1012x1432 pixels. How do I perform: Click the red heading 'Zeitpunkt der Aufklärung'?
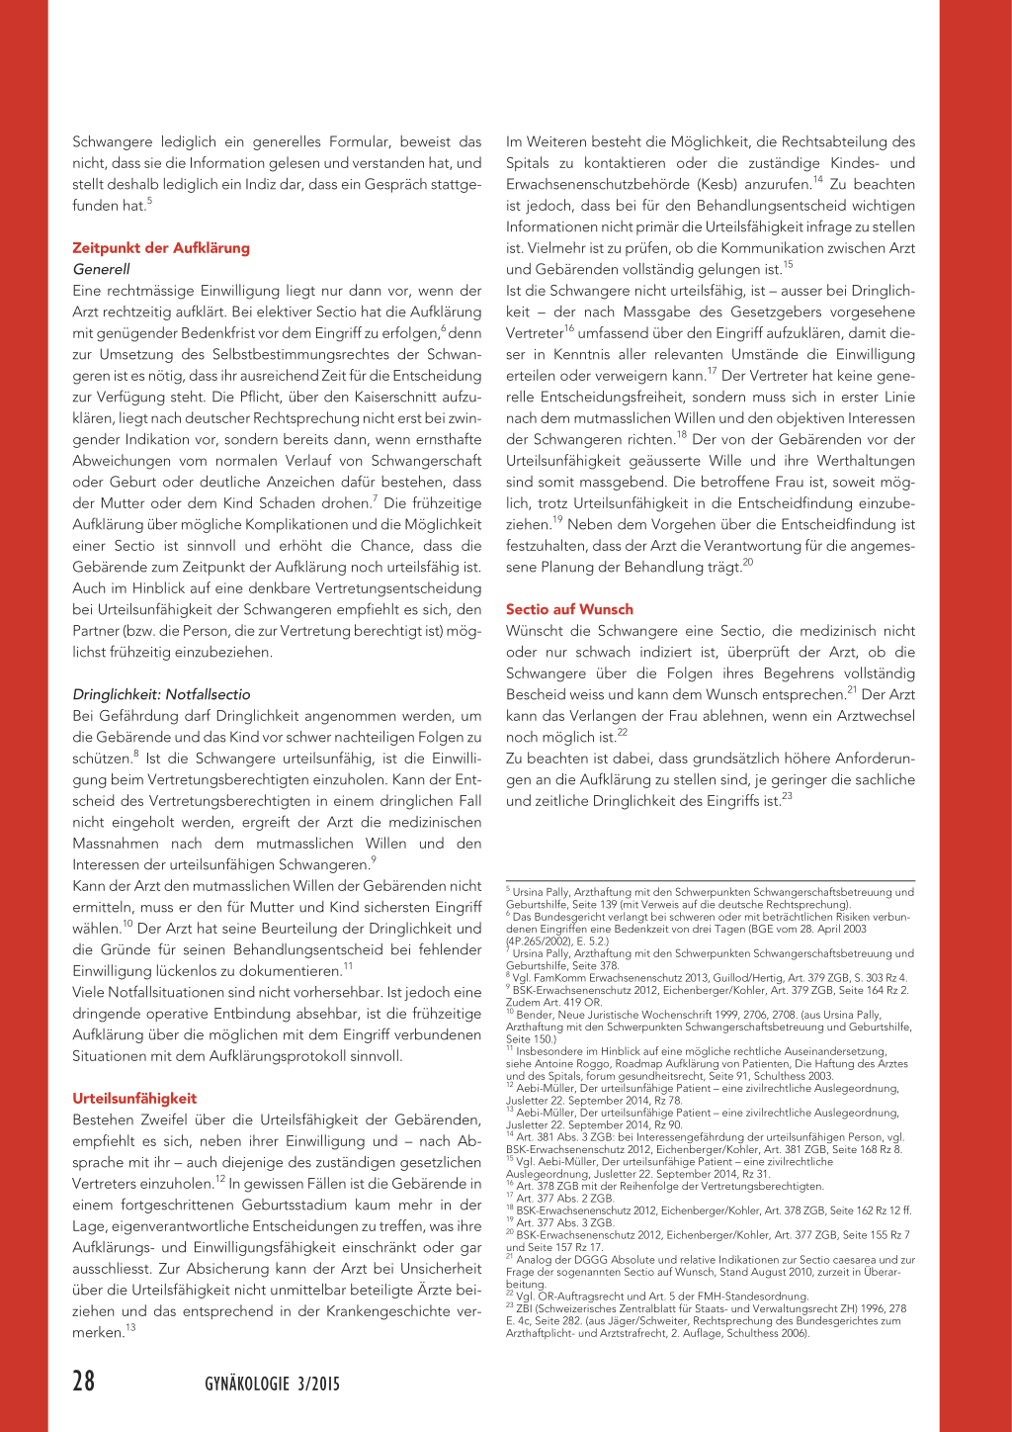(161, 248)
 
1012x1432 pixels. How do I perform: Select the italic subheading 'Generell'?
(101, 269)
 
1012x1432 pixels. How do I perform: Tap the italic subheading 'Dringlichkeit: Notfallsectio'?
(161, 694)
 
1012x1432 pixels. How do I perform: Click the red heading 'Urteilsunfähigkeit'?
(134, 1098)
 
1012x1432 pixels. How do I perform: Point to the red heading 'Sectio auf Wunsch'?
(569, 609)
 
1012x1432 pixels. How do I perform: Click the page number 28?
(84, 1381)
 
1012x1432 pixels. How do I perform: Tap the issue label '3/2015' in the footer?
(317, 1385)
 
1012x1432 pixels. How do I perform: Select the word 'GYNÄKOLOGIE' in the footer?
(247, 1385)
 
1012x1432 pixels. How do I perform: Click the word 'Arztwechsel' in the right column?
(877, 716)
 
